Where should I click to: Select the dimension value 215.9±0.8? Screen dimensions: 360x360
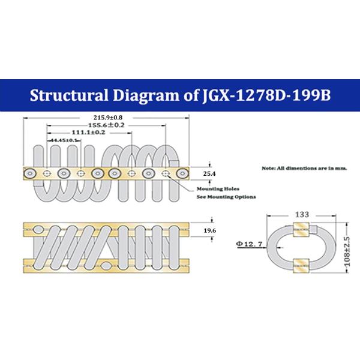pyautogui.click(x=108, y=117)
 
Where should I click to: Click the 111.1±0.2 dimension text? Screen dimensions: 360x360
pyautogui.click(x=89, y=132)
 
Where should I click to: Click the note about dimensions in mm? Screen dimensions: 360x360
pyautogui.click(x=305, y=169)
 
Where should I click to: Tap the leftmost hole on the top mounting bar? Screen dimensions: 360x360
pyautogui.click(x=28, y=173)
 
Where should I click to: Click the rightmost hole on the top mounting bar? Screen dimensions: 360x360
pyautogui.click(x=181, y=173)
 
